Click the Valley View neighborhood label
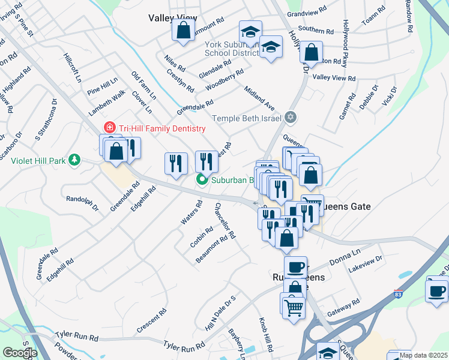173,18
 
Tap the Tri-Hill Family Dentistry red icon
109,128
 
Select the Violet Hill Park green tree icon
74,160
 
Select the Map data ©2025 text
424,355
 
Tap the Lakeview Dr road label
366,262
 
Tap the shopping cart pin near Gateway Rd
294,307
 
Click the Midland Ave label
259,98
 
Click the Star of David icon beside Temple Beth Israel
291,117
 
